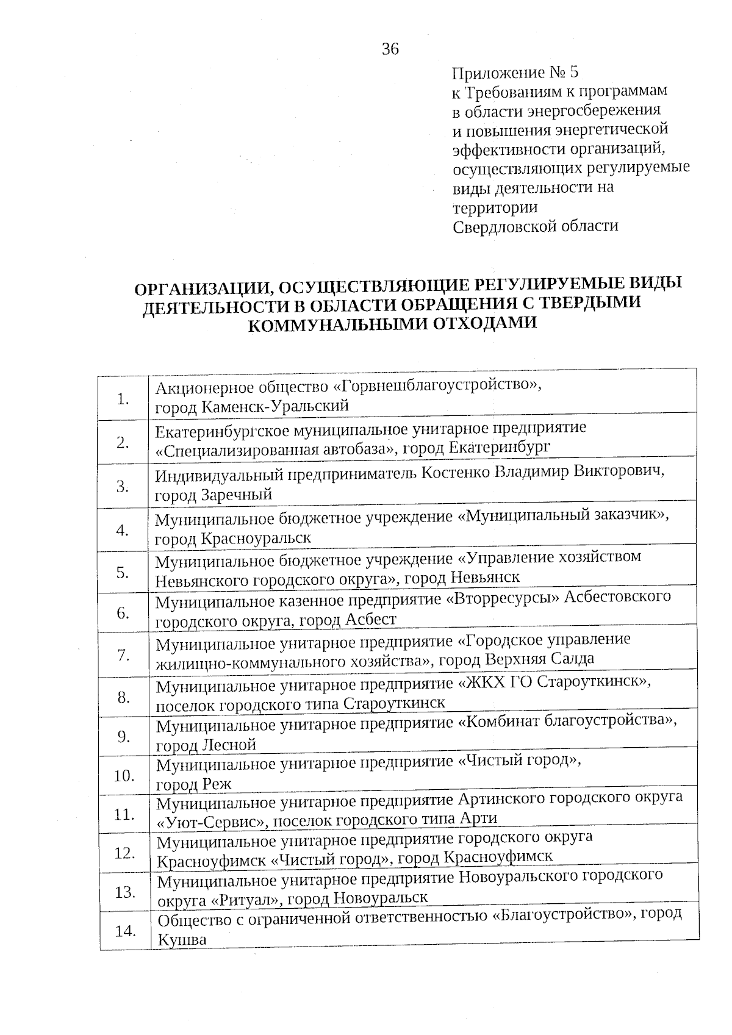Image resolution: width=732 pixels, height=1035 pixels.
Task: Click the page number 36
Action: point(390,49)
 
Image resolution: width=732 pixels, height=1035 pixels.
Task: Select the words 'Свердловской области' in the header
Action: point(535,226)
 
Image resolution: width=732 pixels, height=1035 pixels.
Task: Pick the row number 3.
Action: point(123,487)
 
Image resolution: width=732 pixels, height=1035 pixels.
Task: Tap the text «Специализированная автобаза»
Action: point(274,449)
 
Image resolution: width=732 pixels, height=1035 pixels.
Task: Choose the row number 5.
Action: point(123,573)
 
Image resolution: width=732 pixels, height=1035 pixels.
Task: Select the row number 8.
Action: point(124,697)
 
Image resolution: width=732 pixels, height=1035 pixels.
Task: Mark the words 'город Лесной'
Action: point(206,745)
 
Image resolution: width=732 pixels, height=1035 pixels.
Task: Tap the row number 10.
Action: point(124,776)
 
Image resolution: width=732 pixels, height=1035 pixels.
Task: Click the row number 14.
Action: point(125,931)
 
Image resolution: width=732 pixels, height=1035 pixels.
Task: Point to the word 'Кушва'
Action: point(182,940)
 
